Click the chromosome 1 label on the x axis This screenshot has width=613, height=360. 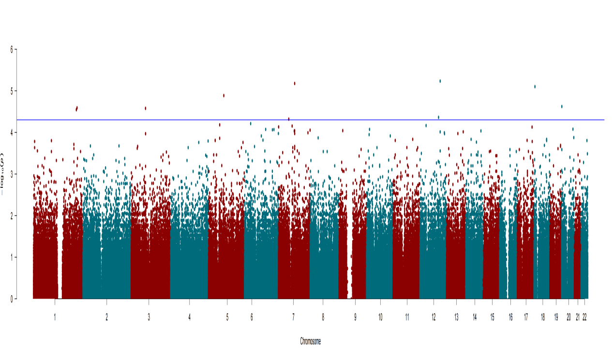click(55, 317)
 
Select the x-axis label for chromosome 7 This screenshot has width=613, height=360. click(293, 317)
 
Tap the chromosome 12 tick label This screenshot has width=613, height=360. click(434, 317)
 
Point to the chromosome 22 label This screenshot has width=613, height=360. click(585, 317)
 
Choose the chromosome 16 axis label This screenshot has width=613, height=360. click(510, 317)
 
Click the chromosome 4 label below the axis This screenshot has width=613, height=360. click(190, 317)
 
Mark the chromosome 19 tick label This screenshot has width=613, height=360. click(556, 317)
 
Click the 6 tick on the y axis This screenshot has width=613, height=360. click(11, 49)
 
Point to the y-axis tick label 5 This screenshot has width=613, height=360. click(11, 91)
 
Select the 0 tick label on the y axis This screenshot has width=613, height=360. click(11, 299)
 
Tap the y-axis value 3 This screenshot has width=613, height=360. click(11, 174)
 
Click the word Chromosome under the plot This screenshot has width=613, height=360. click(310, 341)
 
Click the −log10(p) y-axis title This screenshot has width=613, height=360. click(3, 174)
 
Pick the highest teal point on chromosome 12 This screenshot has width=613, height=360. click(440, 81)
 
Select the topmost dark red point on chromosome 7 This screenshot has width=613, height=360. click(294, 83)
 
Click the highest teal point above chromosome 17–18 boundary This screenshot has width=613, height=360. click(535, 87)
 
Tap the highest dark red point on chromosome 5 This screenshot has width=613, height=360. click(224, 95)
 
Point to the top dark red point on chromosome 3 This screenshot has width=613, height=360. click(145, 108)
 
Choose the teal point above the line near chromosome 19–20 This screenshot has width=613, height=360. click(561, 106)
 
